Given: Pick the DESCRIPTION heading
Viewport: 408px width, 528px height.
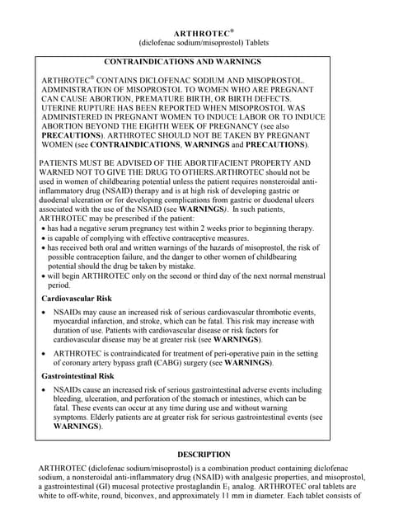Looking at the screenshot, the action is pyautogui.click(x=204, y=454).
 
